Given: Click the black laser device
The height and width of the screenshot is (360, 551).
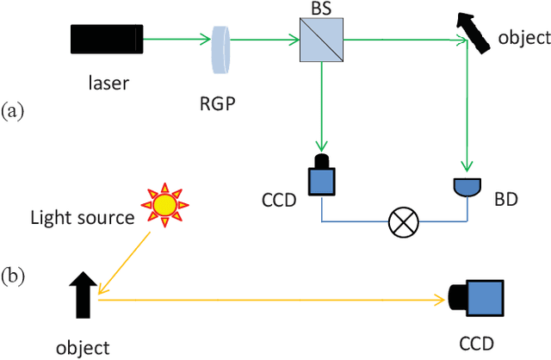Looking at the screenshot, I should coord(106,38).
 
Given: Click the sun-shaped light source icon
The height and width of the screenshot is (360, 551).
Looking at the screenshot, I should coord(162,203).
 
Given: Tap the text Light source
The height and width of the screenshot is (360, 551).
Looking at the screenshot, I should coord(81,218).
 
